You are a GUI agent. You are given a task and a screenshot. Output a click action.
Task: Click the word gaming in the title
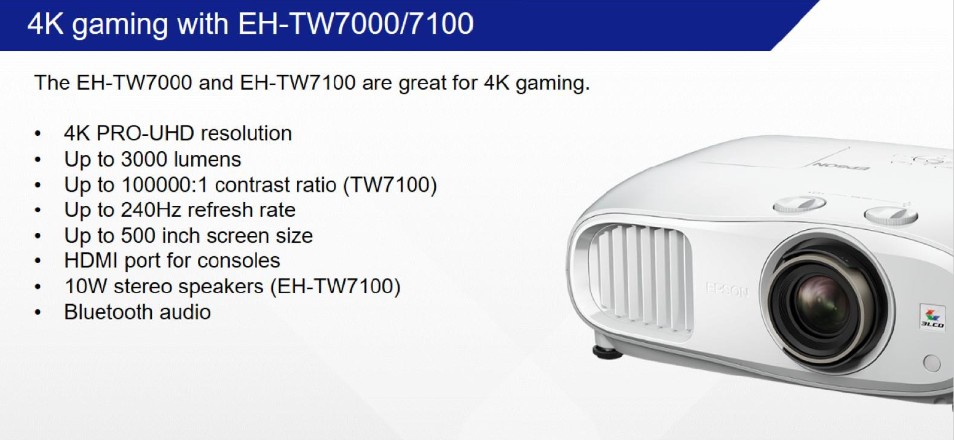(120, 25)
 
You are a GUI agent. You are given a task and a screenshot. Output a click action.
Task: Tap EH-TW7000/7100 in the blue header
(356, 23)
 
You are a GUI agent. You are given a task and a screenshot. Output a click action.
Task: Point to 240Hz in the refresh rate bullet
(151, 210)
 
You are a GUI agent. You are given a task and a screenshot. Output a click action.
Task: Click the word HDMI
(91, 261)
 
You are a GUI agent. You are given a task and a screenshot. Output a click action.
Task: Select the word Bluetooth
(108, 312)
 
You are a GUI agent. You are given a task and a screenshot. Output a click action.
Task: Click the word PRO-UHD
(145, 133)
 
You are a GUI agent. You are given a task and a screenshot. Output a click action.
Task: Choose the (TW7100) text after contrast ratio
(390, 185)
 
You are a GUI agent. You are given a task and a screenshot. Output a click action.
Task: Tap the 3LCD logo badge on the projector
(932, 316)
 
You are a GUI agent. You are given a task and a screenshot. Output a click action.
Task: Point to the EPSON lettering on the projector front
(727, 291)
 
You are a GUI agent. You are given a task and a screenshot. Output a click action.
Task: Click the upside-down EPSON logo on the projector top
(842, 167)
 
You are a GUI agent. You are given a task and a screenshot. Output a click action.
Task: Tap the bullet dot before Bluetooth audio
(38, 313)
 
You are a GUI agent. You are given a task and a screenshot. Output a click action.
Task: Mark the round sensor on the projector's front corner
(932, 363)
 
